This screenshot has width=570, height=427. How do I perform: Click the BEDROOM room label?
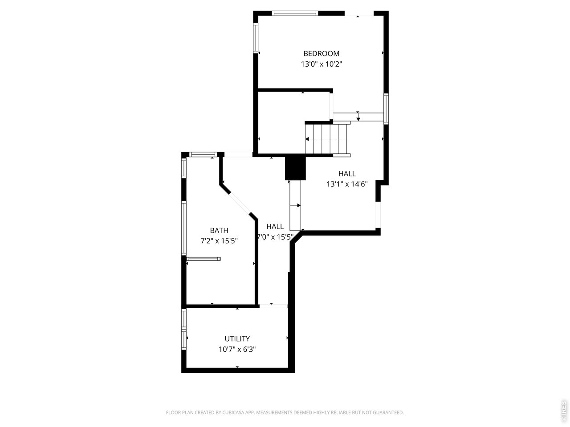(321, 53)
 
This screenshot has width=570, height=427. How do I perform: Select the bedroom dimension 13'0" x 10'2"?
(321, 64)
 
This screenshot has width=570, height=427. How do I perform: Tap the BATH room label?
(219, 230)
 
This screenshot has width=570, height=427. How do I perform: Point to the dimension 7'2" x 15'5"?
(219, 241)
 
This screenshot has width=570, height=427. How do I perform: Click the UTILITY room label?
(237, 338)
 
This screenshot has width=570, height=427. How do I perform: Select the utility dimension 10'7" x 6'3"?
(237, 349)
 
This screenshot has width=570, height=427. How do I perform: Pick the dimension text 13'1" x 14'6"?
(347, 184)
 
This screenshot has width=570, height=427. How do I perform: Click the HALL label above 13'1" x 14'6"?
(347, 173)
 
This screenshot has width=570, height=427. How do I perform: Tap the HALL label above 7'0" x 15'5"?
(275, 226)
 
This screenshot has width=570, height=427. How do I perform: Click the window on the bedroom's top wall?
(295, 13)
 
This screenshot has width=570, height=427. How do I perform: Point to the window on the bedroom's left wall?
(256, 38)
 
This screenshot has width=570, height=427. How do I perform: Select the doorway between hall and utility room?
(273, 306)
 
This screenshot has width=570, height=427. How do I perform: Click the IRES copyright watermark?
(563, 411)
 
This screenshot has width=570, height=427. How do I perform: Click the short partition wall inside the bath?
(204, 258)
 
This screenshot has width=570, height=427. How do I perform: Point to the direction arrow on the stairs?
(307, 139)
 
